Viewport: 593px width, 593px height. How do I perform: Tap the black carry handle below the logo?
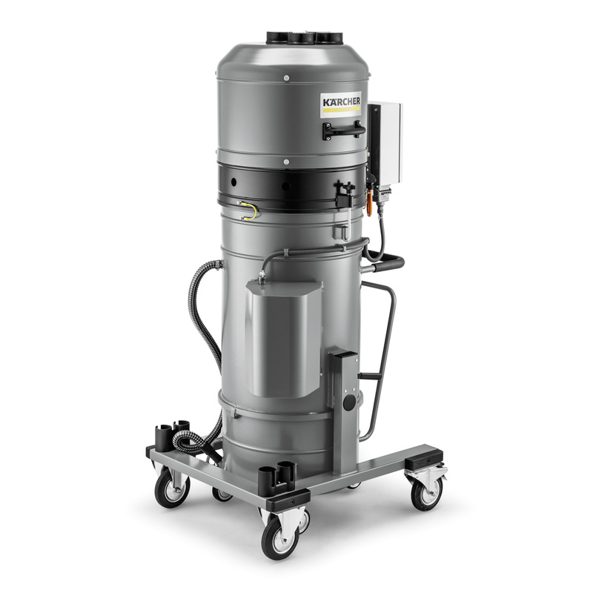pos(344,130)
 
